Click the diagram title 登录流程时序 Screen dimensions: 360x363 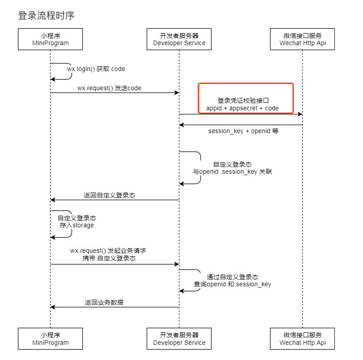pos(46,16)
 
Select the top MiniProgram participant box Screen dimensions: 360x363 pos(51,39)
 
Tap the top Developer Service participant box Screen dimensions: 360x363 pos(179,39)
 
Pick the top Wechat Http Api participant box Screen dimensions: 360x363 pos(303,39)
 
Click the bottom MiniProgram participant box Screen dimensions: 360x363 pos(51,339)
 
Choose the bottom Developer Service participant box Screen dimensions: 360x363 pos(179,339)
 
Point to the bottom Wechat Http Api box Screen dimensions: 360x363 pos(303,339)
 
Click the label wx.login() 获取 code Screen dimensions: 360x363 pos(96,69)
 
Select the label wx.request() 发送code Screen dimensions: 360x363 pos(109,88)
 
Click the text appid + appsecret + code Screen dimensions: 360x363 pos(243,108)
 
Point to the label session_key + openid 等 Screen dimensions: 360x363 pos(243,131)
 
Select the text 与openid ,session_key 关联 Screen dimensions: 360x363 pos(232,172)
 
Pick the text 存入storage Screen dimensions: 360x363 pos(77,226)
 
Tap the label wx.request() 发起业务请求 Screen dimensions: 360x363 pos(108,251)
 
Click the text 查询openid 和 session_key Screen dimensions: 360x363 pos(232,284)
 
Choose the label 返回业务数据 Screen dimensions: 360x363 pos(104,302)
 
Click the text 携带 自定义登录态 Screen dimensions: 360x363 pos(109,258)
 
